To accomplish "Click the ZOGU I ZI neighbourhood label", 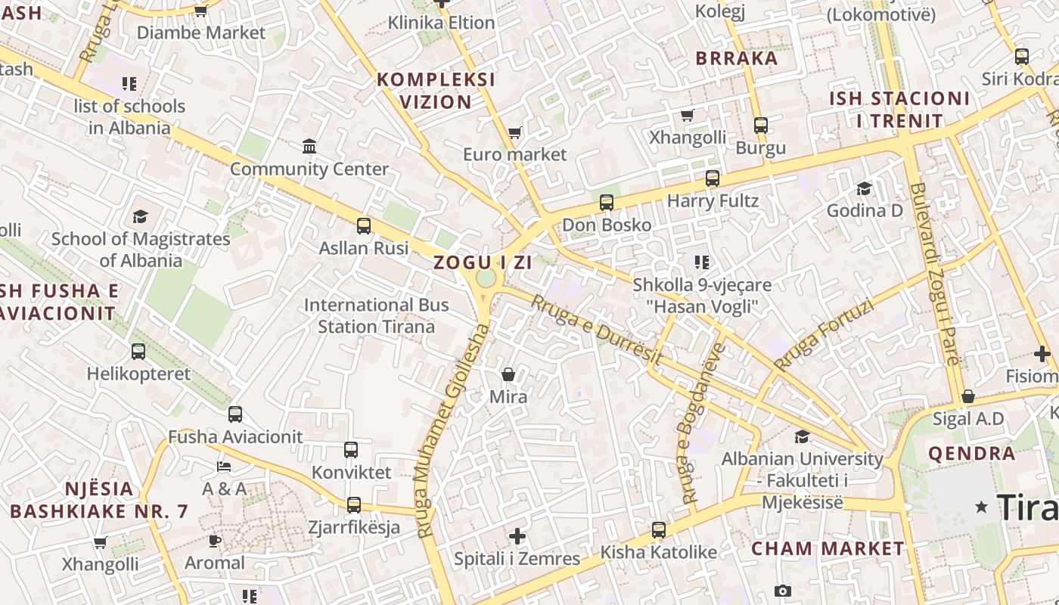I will pyautogui.click(x=483, y=263).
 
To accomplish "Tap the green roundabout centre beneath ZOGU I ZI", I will pyautogui.click(x=486, y=278).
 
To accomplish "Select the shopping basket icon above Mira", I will pyautogui.click(x=508, y=374).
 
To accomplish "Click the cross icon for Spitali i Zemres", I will pyautogui.click(x=517, y=536).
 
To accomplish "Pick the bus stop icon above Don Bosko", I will pyautogui.click(x=607, y=203).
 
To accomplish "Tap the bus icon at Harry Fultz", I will pyautogui.click(x=713, y=178).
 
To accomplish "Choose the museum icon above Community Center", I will pyautogui.click(x=309, y=146).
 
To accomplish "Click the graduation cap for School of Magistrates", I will pyautogui.click(x=141, y=217).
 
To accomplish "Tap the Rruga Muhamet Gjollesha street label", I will pyautogui.click(x=452, y=431).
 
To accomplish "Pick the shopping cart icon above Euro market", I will pyautogui.click(x=515, y=133).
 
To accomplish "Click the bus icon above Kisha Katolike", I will pyautogui.click(x=659, y=530).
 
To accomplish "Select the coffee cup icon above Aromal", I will pyautogui.click(x=215, y=541).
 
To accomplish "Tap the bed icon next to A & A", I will pyautogui.click(x=224, y=467).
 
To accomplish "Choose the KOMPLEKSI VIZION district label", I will pyautogui.click(x=436, y=90).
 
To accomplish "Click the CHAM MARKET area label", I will pyautogui.click(x=828, y=548).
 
